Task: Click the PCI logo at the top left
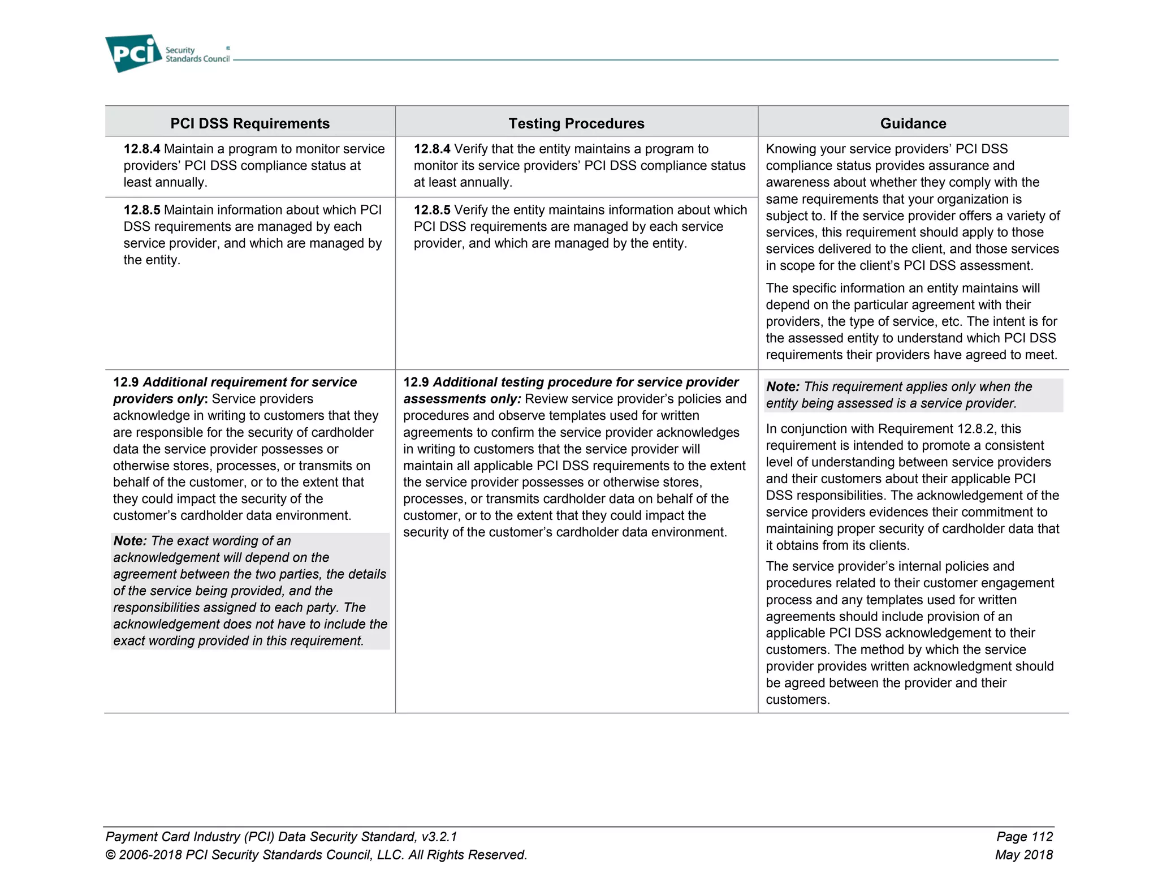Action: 133,53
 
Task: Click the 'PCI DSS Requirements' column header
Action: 250,123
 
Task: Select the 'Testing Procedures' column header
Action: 576,123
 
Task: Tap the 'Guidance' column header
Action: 913,123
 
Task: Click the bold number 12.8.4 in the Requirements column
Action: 142,149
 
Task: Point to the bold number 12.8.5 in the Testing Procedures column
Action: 432,210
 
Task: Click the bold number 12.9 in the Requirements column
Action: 126,382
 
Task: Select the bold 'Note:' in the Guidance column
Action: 783,387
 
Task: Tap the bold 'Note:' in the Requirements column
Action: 130,541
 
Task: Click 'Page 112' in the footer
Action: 1025,837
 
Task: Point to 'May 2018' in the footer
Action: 1024,855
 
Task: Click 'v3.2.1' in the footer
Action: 439,837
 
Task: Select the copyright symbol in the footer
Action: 111,855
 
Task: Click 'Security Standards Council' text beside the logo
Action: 197,55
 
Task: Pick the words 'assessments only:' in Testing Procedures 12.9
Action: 462,399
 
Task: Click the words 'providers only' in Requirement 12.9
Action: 158,399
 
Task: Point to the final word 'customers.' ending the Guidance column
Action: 798,700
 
